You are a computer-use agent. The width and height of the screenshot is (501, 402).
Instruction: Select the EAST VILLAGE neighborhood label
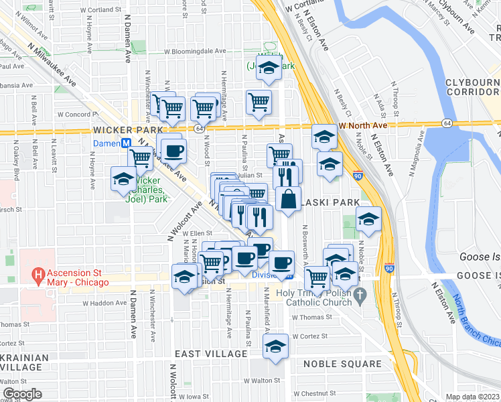[x=211, y=353]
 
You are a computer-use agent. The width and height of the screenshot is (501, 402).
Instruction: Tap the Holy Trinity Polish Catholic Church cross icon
[x=360, y=294]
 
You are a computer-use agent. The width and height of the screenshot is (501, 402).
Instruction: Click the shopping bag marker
[x=288, y=199]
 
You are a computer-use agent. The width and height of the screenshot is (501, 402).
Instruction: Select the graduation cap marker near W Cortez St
[x=275, y=346]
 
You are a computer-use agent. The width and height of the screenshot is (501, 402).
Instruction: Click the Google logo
[x=22, y=394]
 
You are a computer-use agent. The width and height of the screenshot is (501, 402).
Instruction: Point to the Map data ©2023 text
[x=472, y=397]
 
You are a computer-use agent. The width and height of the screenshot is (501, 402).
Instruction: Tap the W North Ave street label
[x=363, y=125]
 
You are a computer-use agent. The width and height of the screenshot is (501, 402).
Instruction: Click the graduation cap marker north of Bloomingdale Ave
[x=269, y=68]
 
